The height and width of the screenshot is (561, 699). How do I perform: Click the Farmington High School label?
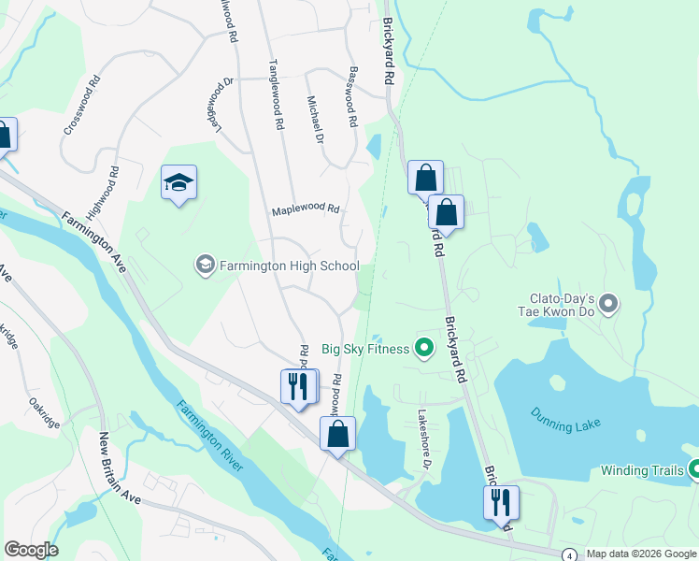[289, 266]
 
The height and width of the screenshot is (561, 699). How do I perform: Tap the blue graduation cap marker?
[178, 182]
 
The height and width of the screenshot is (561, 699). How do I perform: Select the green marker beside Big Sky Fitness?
[424, 349]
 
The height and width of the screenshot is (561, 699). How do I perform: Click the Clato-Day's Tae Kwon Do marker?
[608, 303]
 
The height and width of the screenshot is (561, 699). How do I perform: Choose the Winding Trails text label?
[642, 470]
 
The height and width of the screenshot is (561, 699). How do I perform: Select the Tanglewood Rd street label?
[276, 94]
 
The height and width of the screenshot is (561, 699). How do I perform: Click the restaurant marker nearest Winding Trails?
[501, 502]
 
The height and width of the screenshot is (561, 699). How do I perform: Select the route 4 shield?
[570, 554]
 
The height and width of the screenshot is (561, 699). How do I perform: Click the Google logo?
[31, 550]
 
